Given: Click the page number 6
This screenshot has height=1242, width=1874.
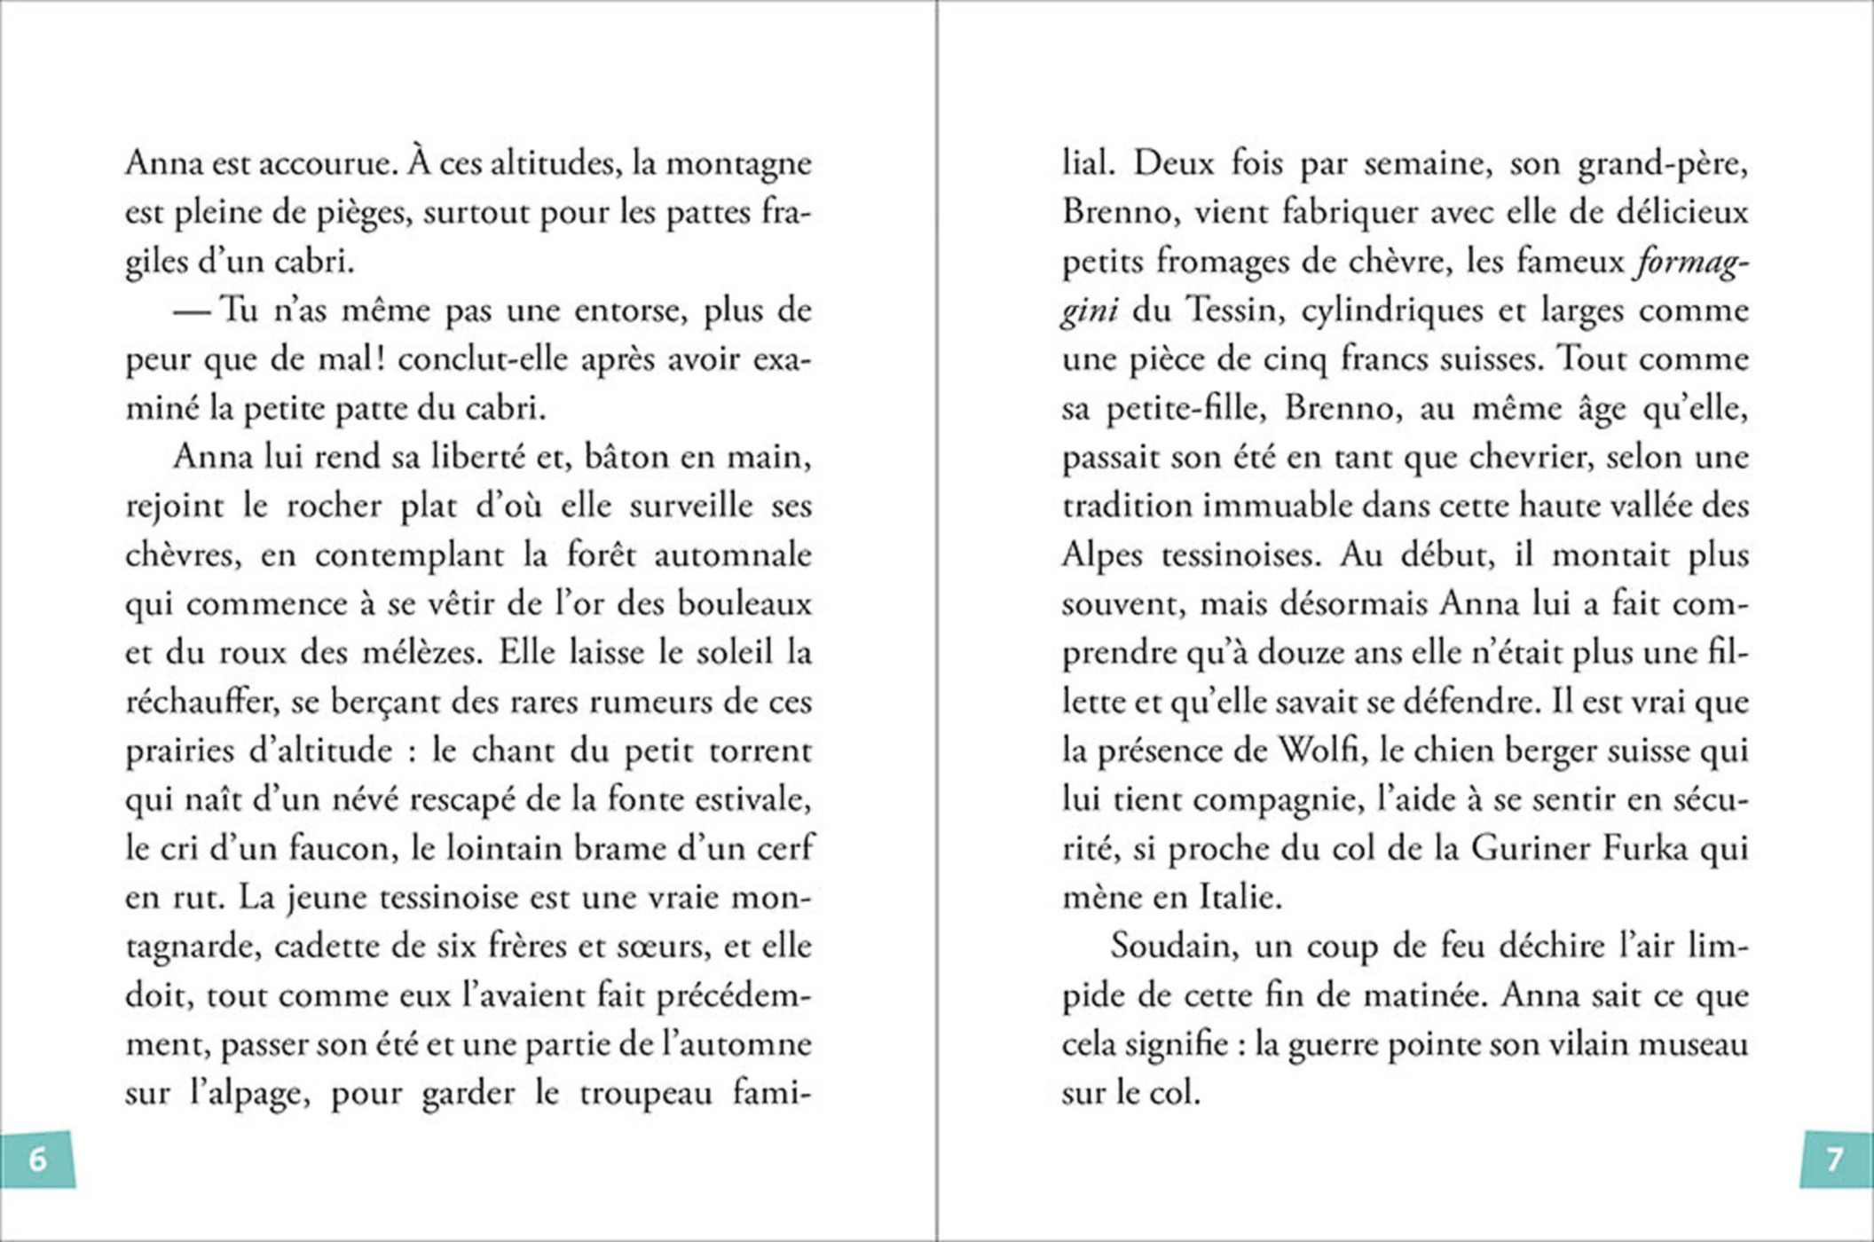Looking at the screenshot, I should point(37,1159).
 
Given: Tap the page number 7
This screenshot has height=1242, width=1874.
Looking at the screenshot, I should point(1834,1159).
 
